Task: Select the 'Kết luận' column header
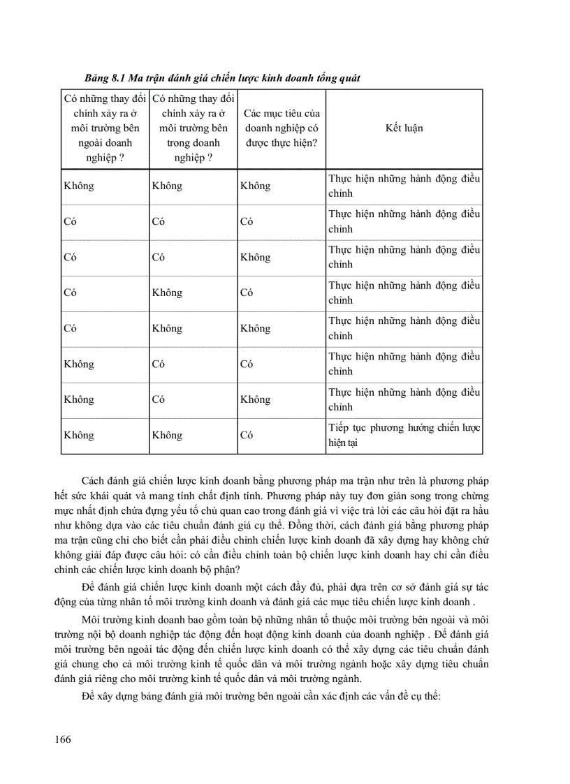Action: tap(404, 128)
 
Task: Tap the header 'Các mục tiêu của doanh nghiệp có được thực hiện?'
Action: tap(282, 128)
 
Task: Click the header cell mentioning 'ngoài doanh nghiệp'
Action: tap(105, 128)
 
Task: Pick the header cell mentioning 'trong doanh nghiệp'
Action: tap(193, 128)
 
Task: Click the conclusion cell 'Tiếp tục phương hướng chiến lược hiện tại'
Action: tap(404, 435)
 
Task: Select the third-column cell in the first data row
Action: tap(255, 186)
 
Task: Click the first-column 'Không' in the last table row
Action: tap(78, 435)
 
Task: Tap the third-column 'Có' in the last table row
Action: tap(247, 435)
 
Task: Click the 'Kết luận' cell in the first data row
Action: tap(404, 186)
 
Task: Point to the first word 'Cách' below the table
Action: tap(92, 482)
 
